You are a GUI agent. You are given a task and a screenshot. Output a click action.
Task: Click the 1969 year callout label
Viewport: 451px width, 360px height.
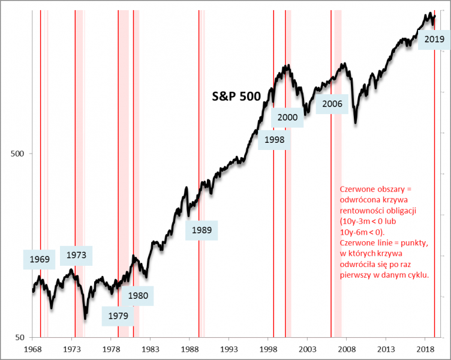coord(40,260)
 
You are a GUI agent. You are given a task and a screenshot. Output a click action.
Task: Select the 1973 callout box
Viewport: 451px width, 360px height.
coord(76,255)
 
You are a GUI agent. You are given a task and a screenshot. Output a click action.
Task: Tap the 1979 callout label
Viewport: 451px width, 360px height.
coord(118,314)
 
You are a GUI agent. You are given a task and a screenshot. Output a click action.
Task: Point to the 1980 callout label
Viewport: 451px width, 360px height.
coord(138,295)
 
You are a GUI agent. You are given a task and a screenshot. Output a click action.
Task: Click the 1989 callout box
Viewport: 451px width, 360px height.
coord(202,230)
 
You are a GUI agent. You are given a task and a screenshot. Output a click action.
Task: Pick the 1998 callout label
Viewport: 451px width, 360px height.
coord(275,140)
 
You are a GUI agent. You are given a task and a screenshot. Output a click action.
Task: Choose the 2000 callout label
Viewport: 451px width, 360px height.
coord(287,117)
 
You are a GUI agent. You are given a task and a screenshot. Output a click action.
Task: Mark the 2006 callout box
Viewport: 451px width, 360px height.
coord(332,104)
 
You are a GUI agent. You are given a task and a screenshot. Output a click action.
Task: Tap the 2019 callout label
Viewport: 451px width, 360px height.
coord(434,40)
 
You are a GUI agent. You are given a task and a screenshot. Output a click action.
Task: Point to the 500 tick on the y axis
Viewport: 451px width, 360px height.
coord(19,153)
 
